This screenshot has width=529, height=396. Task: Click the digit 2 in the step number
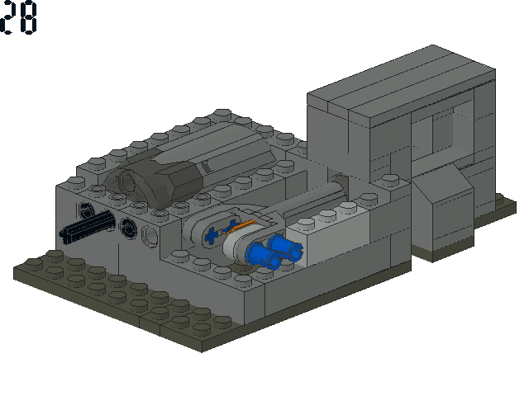6,17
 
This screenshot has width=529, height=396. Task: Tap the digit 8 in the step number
27,18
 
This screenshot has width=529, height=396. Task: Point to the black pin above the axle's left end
86,210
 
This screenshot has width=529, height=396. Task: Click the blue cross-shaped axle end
212,235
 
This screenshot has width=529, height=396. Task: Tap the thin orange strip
241,227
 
